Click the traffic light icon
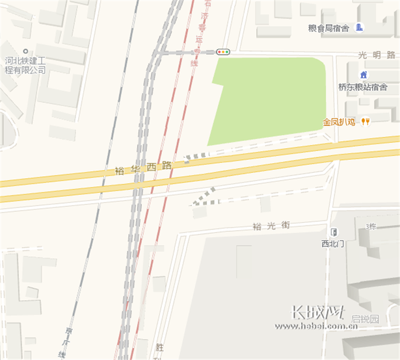click(223, 51)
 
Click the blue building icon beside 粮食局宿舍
click(360, 27)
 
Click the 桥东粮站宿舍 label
click(362, 86)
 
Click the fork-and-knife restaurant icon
click(366, 122)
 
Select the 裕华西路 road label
click(143, 168)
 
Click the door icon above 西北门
click(334, 232)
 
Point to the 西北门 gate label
click(334, 244)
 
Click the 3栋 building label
click(371, 226)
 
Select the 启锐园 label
click(365, 319)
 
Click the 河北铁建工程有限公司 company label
click(25, 66)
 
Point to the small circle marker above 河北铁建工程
click(25, 51)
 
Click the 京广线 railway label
click(62, 341)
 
